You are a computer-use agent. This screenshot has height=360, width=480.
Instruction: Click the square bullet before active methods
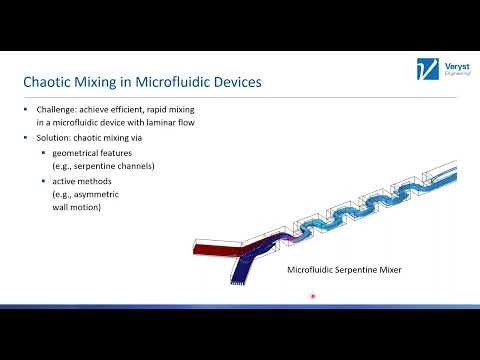coord(43,181)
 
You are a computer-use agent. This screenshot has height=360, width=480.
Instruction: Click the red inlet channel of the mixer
coord(213,248)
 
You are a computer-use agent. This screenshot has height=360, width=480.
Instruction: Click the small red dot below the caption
coord(313,296)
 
